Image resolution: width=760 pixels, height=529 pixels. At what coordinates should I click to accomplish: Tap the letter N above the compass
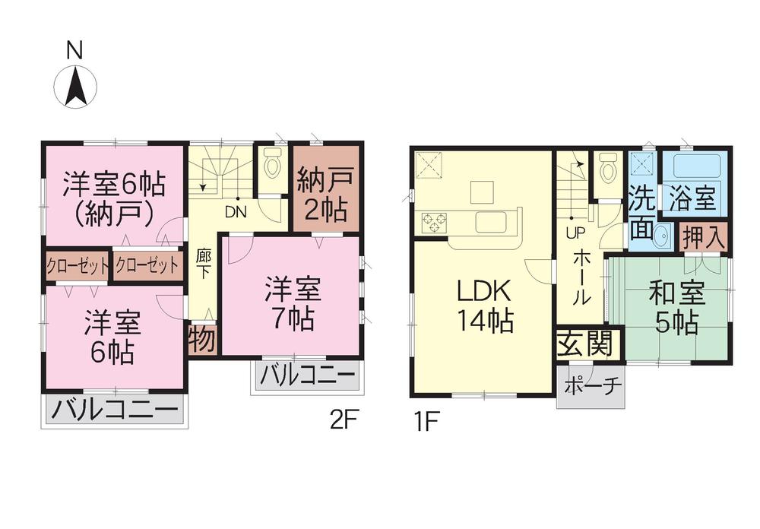pos(74,51)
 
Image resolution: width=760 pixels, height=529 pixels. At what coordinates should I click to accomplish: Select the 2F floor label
pos(343,420)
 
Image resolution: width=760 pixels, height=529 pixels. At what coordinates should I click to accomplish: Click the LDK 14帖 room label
pos(483,306)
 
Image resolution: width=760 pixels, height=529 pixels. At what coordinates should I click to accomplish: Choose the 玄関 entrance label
pos(584,345)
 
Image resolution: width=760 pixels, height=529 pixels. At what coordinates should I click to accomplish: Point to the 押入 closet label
pos(702,236)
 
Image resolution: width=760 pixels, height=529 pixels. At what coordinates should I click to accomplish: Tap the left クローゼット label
pos(77,266)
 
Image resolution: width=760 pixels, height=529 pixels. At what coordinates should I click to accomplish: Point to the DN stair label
pos(234,213)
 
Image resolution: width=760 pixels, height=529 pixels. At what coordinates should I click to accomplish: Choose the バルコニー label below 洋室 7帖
pos(306,376)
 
